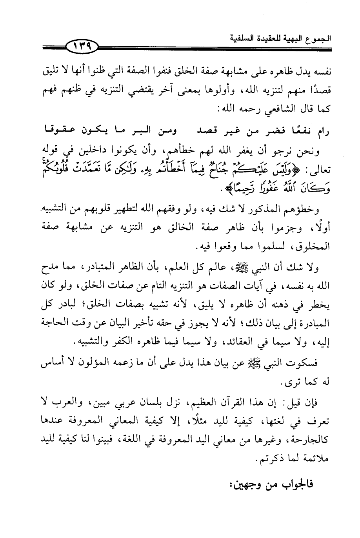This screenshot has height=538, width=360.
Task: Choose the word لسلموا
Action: point(272,248)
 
